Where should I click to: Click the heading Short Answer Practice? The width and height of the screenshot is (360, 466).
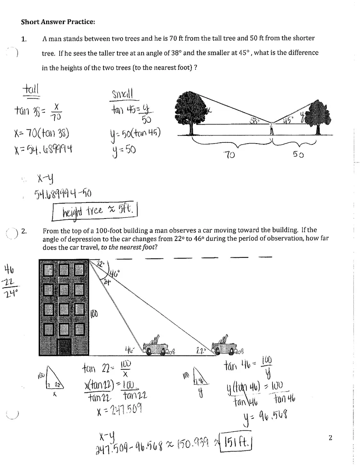coord(58,22)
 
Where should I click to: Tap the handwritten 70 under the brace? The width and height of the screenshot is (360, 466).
coord(229,155)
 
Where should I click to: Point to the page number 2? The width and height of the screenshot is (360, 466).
coord(331,438)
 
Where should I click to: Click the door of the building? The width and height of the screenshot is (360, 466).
coord(65,347)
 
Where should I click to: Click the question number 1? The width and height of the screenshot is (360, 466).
coord(24,39)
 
